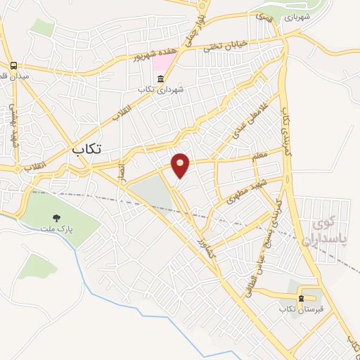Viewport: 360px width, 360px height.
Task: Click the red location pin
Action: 181,165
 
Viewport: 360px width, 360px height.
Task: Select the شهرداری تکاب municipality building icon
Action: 161,78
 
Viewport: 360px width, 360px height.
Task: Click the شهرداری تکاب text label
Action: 161,89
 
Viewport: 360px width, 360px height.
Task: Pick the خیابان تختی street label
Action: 226,46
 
